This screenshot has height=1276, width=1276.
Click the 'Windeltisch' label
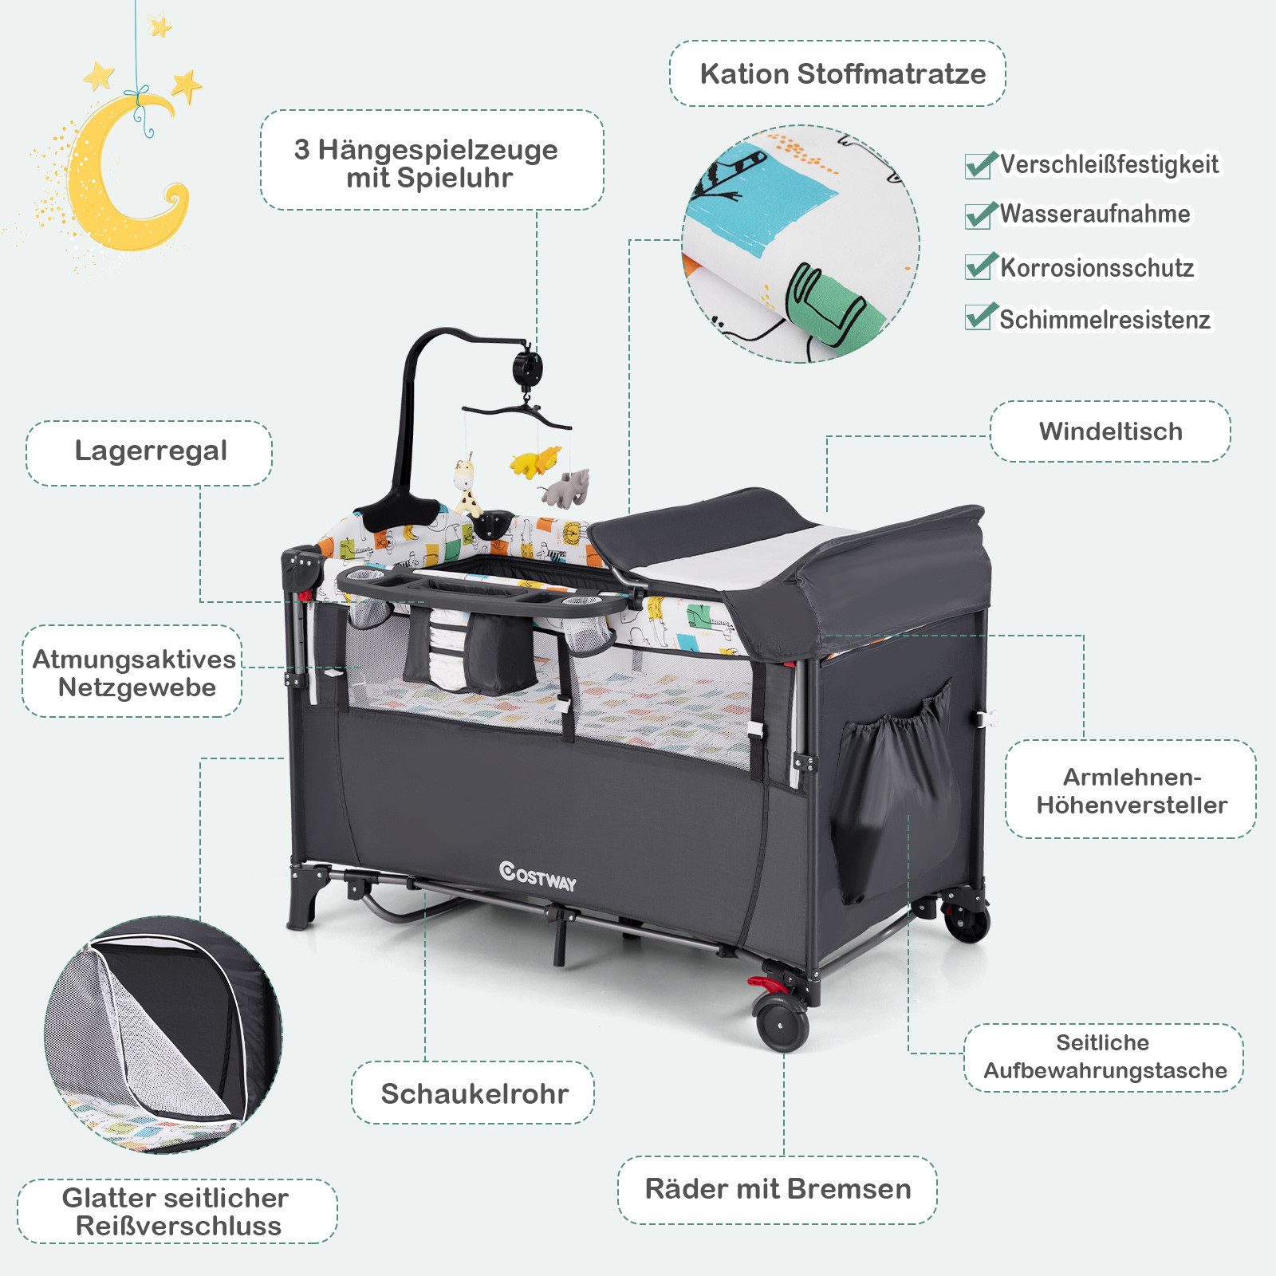click(1110, 431)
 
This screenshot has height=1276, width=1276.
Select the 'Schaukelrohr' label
click(475, 1093)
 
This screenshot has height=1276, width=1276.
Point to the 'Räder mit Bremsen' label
click(778, 1189)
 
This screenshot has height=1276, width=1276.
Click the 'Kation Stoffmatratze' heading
click(843, 73)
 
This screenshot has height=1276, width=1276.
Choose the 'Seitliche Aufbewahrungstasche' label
click(1105, 1057)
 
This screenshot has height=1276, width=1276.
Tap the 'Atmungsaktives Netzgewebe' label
click(134, 673)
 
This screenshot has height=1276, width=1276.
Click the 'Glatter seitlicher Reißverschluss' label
click(176, 1211)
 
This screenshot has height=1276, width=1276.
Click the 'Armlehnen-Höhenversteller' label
click(1132, 790)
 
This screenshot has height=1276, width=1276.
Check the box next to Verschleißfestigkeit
click(980, 165)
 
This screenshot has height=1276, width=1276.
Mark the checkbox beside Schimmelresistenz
click(980, 317)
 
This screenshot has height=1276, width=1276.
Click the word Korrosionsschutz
click(1097, 268)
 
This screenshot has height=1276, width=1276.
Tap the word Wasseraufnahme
click(1095, 214)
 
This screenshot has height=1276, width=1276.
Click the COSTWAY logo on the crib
click(538, 876)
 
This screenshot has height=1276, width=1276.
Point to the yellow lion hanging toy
click(536, 461)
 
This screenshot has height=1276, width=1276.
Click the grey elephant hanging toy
click(566, 486)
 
